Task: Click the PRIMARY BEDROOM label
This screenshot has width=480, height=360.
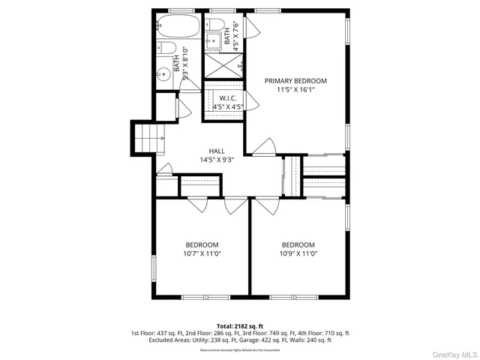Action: [x=295, y=81]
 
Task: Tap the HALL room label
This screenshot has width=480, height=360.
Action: [x=217, y=151]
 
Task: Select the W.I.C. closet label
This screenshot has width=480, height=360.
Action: [x=229, y=97]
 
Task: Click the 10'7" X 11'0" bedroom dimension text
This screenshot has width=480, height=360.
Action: [x=202, y=253]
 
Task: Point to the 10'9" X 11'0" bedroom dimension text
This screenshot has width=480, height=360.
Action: [x=298, y=253]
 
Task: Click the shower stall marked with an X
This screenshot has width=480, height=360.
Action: [x=223, y=66]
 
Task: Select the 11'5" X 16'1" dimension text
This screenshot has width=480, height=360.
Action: [x=295, y=90]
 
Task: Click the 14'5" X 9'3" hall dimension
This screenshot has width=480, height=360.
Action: [x=217, y=159]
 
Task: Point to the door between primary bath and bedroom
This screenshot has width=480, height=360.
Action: [x=251, y=30]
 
